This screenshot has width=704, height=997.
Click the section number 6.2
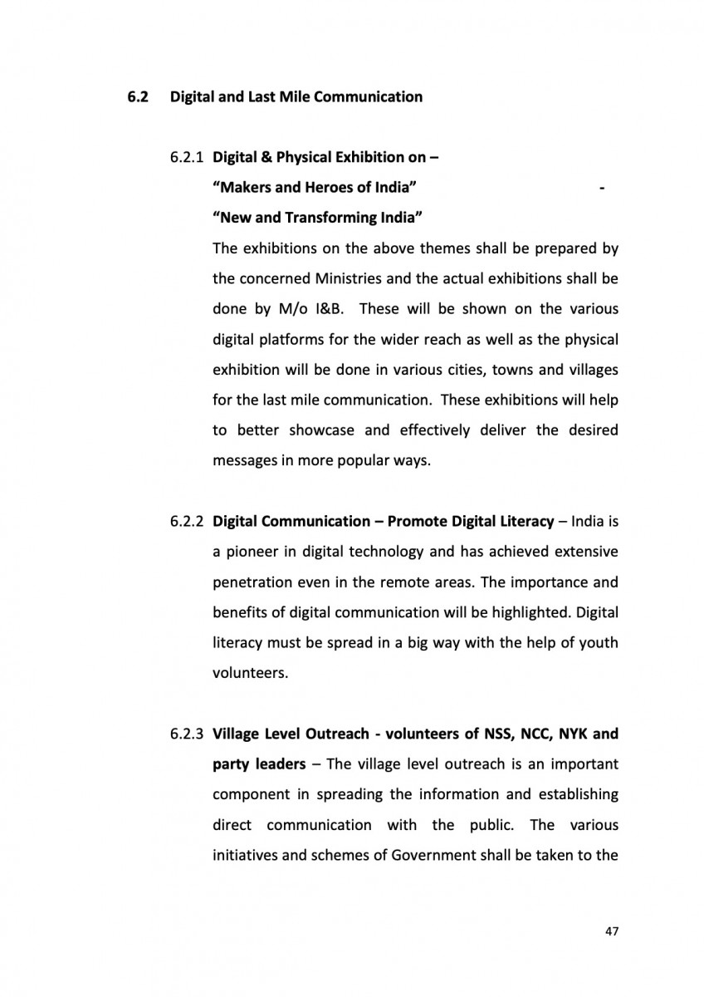[136, 97]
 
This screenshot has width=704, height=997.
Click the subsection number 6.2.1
[188, 157]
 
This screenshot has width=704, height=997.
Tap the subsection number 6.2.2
[188, 522]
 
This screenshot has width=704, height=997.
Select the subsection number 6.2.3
[188, 734]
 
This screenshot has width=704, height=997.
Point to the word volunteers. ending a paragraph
[250, 673]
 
